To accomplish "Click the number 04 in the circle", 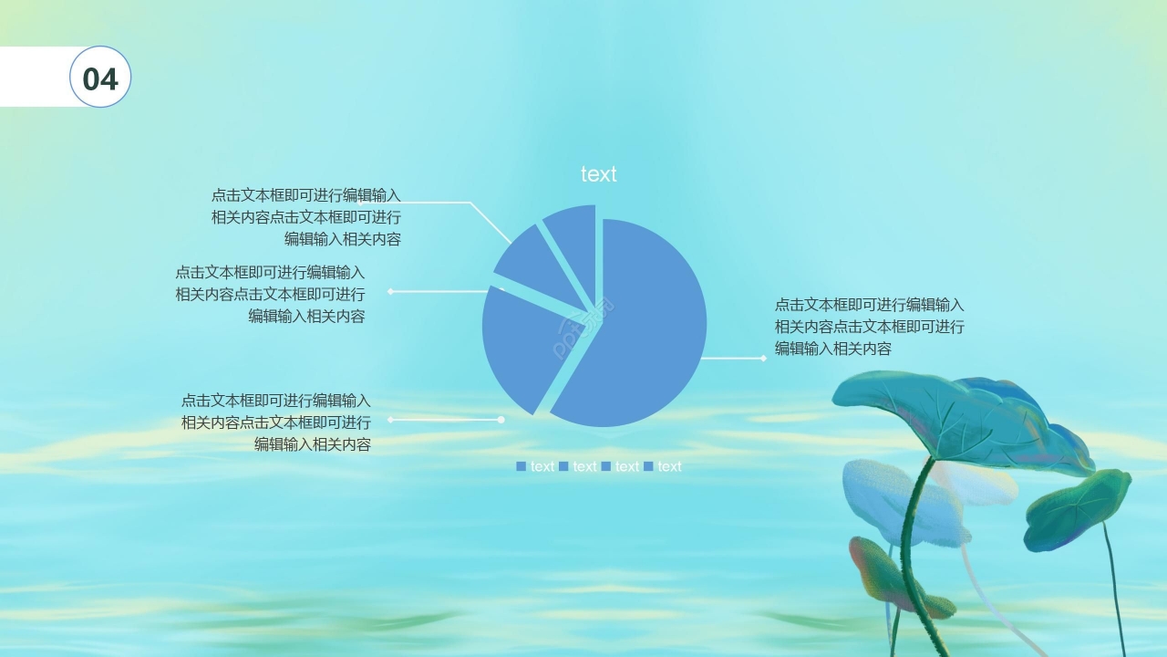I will point(100,78).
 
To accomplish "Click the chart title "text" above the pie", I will point(598,174).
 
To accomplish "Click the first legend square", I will point(522,466).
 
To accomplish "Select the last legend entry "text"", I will point(669,466).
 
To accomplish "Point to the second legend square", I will point(563,466).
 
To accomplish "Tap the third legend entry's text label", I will point(627,466).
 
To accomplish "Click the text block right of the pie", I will point(869,327).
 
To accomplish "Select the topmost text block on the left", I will point(306,217).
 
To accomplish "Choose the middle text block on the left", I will point(270,294).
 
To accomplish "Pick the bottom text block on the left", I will point(276,422).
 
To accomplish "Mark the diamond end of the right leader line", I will point(763,359).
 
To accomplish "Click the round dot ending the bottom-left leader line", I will point(501,420).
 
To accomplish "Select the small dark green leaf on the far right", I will point(1076,506).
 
